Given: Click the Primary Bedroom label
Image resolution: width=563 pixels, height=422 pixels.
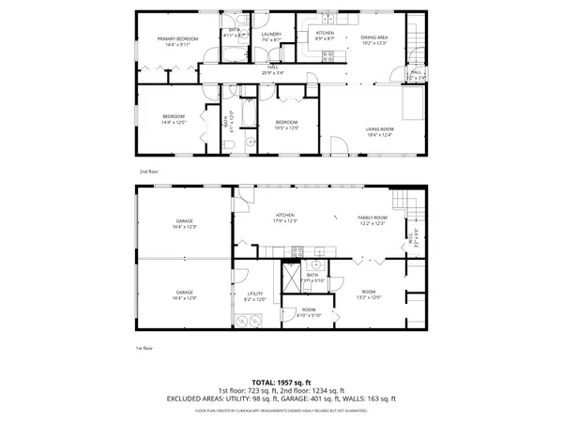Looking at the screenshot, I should coord(173,40).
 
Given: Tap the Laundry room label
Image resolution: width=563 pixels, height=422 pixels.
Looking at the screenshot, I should coord(272,38).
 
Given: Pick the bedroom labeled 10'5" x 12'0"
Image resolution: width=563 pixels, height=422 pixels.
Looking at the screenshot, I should coord(286,125).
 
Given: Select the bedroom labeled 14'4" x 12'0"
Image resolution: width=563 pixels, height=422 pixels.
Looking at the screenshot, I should coord(174,118).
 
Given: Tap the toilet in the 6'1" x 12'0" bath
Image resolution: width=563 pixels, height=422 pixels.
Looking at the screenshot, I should coord(251,140).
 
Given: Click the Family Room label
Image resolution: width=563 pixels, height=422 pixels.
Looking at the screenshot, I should coord(373,219).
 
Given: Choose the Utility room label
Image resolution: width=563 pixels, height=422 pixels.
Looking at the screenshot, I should coord(255,296).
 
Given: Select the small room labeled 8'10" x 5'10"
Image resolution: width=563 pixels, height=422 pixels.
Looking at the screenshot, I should coord(309,313).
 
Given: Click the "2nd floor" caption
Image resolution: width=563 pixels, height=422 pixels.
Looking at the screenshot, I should coord(148,172).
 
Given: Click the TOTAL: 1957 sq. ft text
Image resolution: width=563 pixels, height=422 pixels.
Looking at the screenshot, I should coord(281,382).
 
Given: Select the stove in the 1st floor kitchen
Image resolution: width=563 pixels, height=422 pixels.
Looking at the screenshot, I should coord(297,250).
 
